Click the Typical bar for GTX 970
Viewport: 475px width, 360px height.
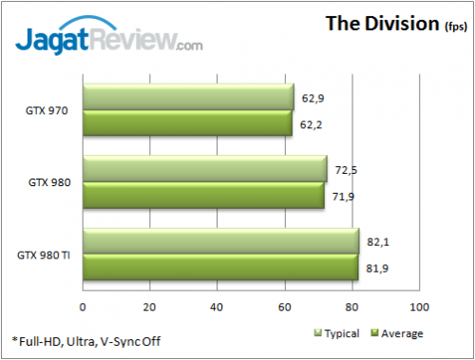point(188,98)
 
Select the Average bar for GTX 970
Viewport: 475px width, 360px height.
point(187,123)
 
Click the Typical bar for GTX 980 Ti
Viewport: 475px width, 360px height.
point(220,241)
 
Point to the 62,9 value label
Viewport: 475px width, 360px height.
point(314,98)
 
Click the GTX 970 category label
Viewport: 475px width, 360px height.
point(46,110)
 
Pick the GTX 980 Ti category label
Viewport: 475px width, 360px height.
point(42,255)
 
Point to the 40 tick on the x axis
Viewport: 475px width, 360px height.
point(218,307)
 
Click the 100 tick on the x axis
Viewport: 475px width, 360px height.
point(419,307)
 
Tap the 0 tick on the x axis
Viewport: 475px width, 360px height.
point(84,307)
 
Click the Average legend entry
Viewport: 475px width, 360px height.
point(396,333)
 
